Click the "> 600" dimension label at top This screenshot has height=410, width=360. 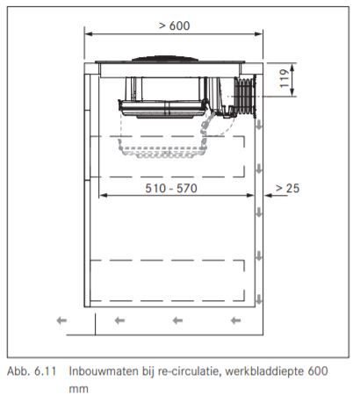tap(175, 25)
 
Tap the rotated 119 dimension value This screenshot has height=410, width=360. tap(284, 78)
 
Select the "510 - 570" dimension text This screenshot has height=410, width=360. tap(171, 188)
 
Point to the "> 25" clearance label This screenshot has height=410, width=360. tap(288, 188)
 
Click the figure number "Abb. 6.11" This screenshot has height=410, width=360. tap(32, 371)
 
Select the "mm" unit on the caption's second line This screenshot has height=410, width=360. tap(78, 390)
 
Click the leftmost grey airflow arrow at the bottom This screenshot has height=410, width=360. tap(61, 320)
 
